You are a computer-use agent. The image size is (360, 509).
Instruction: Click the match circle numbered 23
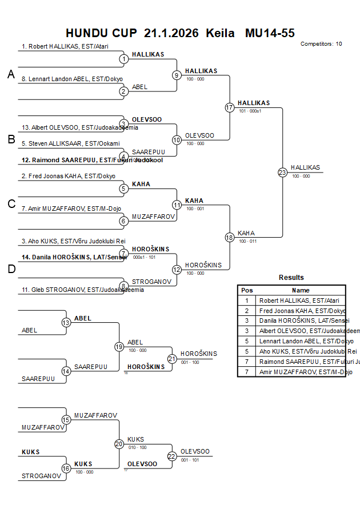click(x=282, y=172)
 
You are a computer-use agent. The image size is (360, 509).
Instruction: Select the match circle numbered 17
click(x=230, y=107)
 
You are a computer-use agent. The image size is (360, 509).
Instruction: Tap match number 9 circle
click(x=177, y=75)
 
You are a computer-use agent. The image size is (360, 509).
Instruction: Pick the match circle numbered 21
click(x=172, y=358)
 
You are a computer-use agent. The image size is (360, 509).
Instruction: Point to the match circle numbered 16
click(x=66, y=468)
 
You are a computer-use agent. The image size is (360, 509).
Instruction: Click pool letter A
click(x=11, y=74)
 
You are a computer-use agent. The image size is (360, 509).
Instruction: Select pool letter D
click(x=11, y=269)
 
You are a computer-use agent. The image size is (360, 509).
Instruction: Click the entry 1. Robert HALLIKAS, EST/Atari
click(x=65, y=47)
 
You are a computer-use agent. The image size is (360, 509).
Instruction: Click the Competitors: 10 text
click(x=321, y=43)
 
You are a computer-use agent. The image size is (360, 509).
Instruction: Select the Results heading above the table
click(x=291, y=278)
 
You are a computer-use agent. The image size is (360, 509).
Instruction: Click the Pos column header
click(x=247, y=290)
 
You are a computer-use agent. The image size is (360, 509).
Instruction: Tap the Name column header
click(x=301, y=290)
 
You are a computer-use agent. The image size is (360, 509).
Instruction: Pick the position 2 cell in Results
click(x=247, y=310)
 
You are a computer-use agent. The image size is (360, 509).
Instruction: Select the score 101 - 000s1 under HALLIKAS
click(x=250, y=111)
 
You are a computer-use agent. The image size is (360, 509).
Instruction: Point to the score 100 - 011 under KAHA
click(x=247, y=241)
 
